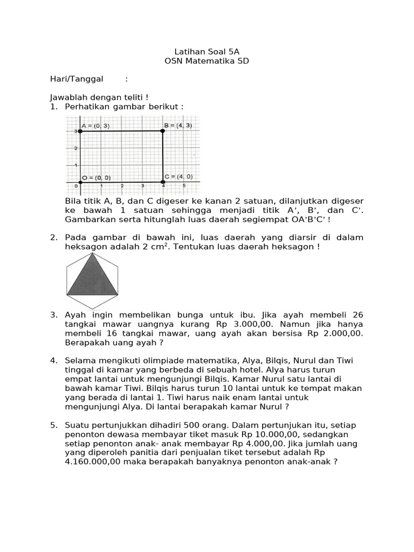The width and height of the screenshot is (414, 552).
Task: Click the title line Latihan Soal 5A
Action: [x=207, y=52]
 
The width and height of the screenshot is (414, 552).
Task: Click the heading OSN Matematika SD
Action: [x=207, y=61]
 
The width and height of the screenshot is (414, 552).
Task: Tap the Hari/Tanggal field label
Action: [x=77, y=79]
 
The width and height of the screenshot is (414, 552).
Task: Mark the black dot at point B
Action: [x=163, y=130]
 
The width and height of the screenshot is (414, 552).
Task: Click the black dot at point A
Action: [x=80, y=130]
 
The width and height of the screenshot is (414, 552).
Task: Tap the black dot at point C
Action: [x=163, y=182]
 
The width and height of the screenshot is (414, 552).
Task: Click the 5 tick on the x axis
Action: [x=184, y=186]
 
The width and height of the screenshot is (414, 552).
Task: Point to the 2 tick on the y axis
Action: [x=76, y=148]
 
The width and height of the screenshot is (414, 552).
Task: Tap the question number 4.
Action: [x=53, y=360]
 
